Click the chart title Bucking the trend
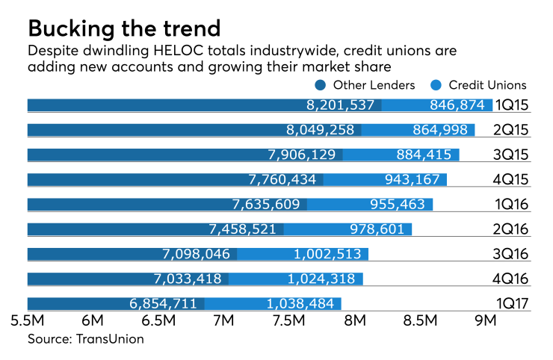(124, 28)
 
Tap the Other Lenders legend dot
(321, 85)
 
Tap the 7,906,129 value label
(302, 155)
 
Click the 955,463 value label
(397, 204)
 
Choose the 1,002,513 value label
(325, 254)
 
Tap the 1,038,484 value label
(299, 303)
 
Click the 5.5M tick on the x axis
(27, 322)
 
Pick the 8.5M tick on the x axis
(420, 322)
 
